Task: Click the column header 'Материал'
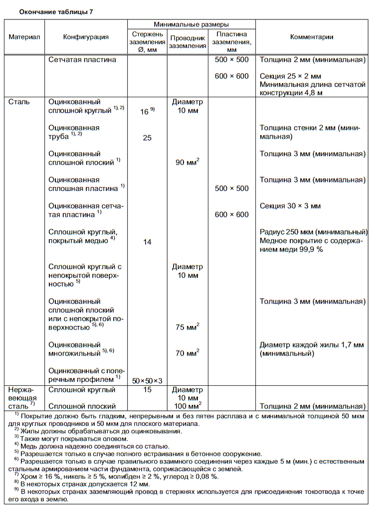pos(24,37)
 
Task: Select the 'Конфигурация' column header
pos(86,37)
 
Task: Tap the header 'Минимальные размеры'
pos(191,24)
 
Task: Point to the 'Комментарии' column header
pos(312,37)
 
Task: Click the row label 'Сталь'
pos(19,102)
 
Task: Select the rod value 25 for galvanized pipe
pos(147,138)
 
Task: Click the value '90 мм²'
pos(187,162)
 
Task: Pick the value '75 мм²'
pos(187,327)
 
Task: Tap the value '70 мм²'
pos(187,353)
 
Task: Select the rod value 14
pos(147,242)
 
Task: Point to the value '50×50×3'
pos(147,380)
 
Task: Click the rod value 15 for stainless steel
pos(147,390)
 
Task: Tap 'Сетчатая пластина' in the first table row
pos(82,60)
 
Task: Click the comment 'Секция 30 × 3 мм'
pos(290,205)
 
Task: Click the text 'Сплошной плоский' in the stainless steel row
pos(82,406)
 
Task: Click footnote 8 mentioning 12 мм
pos(85,484)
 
